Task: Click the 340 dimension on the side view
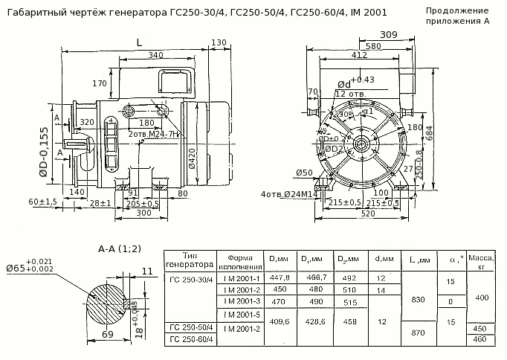pos(155,55)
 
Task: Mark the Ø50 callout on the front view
pos(303,173)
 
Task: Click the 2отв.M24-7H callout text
pos(155,134)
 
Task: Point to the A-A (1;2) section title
pos(120,248)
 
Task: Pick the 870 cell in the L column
pos(418,332)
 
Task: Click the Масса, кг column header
pos(481,261)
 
